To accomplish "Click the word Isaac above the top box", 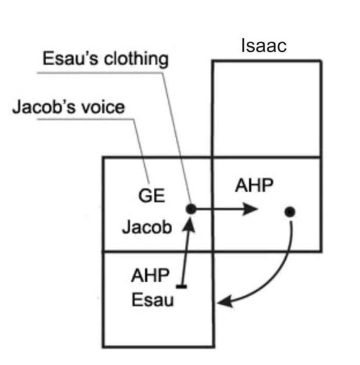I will tap(263, 46).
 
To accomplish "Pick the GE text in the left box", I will tap(151, 196).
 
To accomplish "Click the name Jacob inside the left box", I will tap(147, 228).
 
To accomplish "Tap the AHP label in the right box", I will tap(254, 186).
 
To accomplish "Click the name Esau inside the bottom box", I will tap(153, 300).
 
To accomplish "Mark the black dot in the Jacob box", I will tap(191, 209).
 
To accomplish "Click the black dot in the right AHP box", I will tap(289, 212).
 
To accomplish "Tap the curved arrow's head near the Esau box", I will tap(224, 301).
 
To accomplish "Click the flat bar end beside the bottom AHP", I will tap(181, 286).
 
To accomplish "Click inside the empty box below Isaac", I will tap(266, 108).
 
